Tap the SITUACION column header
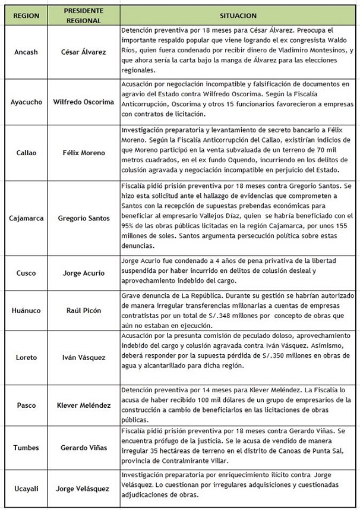click(x=238, y=14)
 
